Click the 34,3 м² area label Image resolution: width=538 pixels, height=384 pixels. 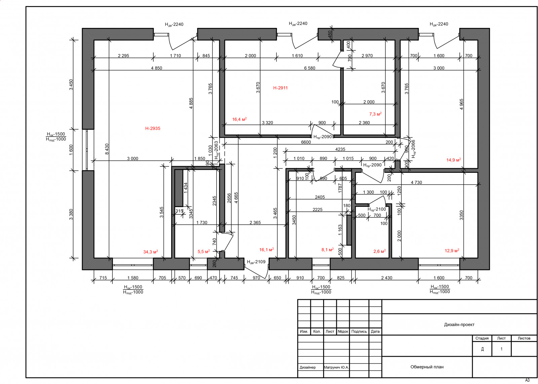click(x=151, y=252)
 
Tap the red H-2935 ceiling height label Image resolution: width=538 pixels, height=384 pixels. click(x=153, y=128)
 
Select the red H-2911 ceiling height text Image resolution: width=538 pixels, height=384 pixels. click(x=280, y=88)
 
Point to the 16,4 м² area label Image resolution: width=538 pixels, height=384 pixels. click(x=239, y=119)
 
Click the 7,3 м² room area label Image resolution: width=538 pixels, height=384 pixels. click(x=375, y=114)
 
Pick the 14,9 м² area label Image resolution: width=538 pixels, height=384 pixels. click(x=454, y=160)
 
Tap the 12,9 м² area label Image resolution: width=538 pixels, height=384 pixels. click(x=452, y=251)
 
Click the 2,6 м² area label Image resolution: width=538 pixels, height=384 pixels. click(x=380, y=251)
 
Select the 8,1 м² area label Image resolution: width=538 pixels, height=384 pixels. click(x=328, y=250)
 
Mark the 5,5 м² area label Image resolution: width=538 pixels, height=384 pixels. click(x=204, y=252)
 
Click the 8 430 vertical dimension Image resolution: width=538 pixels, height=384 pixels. click(x=107, y=149)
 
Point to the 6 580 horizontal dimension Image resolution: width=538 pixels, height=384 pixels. click(x=310, y=68)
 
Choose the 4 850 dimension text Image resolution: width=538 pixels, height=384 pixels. click(x=157, y=68)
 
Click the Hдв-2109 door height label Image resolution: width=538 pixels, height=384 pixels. click(x=256, y=262)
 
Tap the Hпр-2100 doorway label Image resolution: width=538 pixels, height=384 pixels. click(x=377, y=209)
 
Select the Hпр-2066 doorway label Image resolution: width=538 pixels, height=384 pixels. click(x=413, y=149)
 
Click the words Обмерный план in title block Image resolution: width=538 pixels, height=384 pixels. click(x=427, y=367)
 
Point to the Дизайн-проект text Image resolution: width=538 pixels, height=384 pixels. click(x=459, y=324)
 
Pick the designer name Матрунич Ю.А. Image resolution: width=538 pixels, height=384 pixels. click(x=336, y=367)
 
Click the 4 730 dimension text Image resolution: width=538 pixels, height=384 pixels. click(x=416, y=182)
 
